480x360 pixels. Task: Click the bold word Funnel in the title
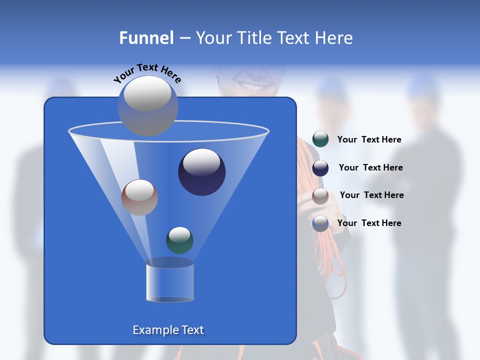coord(146,38)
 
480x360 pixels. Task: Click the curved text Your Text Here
coord(147,73)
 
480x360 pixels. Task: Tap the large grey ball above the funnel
coord(148,105)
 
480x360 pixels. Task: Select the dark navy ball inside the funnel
coord(201,172)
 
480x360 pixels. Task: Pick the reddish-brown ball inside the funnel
coord(139,197)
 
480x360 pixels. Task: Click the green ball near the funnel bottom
coord(179,240)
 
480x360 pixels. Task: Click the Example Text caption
coord(168,330)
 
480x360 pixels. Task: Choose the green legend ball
coord(320,139)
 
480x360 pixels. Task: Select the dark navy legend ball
coord(320,168)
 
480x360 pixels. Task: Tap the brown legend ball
coord(320,196)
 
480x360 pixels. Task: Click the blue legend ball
coord(320,223)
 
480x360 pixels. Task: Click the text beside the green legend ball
coord(369,140)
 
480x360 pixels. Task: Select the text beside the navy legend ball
coord(370,168)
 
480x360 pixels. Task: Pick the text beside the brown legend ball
coord(371,195)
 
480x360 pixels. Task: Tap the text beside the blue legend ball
coord(369,223)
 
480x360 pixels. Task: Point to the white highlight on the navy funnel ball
coord(201,161)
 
